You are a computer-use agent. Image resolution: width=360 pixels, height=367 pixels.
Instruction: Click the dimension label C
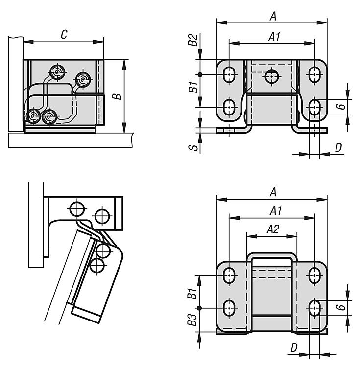pyautogui.click(x=64, y=34)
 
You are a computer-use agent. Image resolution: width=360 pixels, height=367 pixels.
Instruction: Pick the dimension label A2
pyautogui.click(x=273, y=229)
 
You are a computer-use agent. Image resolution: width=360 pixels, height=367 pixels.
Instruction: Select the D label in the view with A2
pyautogui.click(x=293, y=347)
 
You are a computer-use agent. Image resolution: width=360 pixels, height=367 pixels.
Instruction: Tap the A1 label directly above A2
pyautogui.click(x=275, y=211)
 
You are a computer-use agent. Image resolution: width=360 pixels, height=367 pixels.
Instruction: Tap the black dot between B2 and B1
pyautogui.click(x=200, y=74)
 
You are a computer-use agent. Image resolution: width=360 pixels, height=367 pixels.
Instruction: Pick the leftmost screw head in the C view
pyautogui.click(x=33, y=116)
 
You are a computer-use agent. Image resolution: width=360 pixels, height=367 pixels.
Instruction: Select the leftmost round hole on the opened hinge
pyautogui.click(x=76, y=208)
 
